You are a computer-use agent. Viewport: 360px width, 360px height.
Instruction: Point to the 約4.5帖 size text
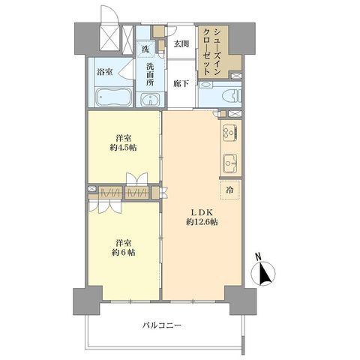[x=124, y=148]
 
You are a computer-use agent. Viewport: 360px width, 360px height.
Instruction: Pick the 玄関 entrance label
[x=181, y=43]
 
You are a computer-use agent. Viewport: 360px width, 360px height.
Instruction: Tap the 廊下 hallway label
[x=181, y=84]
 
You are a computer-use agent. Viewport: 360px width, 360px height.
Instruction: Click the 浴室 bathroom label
[x=104, y=72]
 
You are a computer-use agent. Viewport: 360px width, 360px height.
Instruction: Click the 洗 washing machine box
[x=145, y=49]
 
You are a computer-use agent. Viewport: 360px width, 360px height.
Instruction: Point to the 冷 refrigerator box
[x=229, y=189]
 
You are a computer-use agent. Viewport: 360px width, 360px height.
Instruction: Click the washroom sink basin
[x=148, y=100]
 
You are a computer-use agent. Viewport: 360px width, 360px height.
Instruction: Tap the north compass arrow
[x=263, y=276]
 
